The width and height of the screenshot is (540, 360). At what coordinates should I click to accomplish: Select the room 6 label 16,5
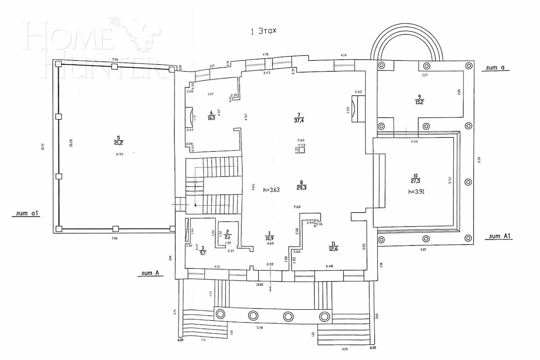[211, 116]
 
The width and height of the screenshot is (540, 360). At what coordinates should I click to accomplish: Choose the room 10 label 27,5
[415, 178]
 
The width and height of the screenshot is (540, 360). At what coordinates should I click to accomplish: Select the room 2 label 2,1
[228, 234]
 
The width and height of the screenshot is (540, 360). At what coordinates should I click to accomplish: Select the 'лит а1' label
[27, 214]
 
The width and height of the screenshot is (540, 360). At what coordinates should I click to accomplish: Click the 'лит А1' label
[501, 236]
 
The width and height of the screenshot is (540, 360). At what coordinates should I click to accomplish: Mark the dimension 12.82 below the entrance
[259, 284]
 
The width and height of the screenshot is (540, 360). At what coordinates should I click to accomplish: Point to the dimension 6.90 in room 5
[119, 154]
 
